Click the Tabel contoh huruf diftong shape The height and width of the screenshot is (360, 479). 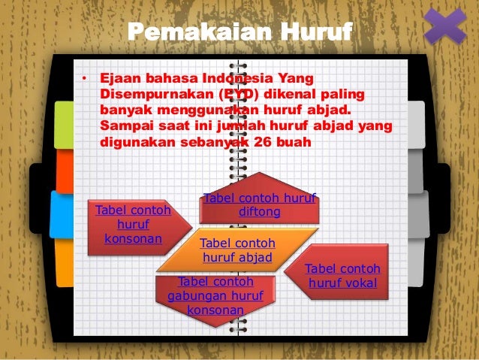tap(259, 205)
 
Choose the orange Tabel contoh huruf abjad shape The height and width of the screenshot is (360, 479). tap(236, 251)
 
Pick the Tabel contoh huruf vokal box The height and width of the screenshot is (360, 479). tap(342, 276)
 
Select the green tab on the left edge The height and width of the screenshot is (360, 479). tap(64, 124)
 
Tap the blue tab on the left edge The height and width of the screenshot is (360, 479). tap(62, 214)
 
